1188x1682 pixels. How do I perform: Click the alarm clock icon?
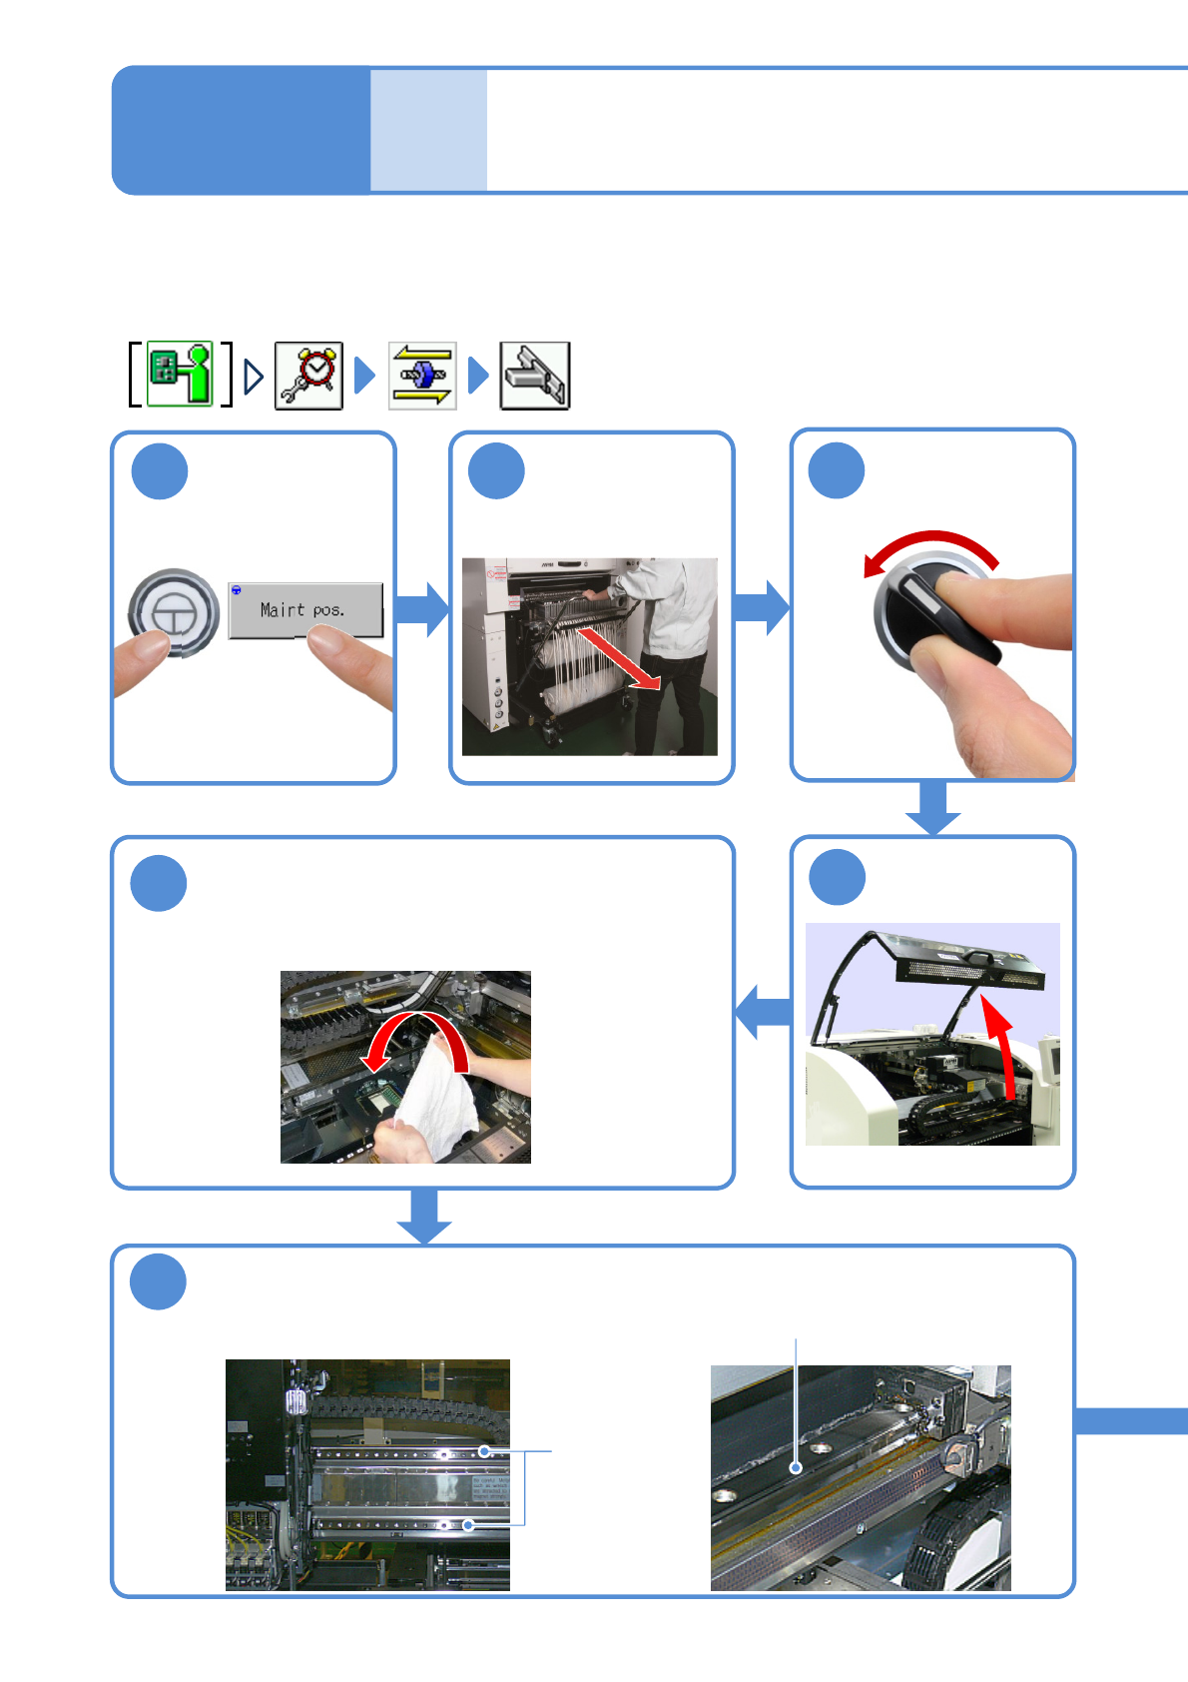[x=309, y=376]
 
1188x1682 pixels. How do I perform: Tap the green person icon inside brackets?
[x=181, y=374]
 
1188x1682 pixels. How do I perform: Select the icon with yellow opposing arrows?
[x=422, y=376]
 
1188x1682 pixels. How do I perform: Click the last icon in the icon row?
[x=535, y=376]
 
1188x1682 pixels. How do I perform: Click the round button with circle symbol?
[x=174, y=611]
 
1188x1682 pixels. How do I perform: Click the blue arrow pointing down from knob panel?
[x=933, y=807]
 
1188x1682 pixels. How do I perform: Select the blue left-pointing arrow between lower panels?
[x=764, y=1012]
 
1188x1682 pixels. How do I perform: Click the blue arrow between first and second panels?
[x=423, y=609]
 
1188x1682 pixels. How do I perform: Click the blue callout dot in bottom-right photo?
[x=796, y=1467]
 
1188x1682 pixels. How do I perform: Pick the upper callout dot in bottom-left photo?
[x=484, y=1451]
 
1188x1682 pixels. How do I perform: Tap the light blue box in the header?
[x=428, y=130]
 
